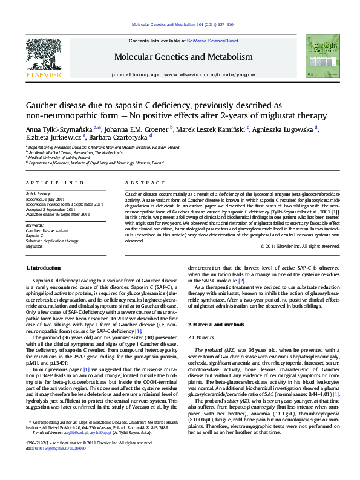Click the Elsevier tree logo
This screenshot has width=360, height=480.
coord(43,56)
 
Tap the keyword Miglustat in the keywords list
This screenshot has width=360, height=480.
coord(34,247)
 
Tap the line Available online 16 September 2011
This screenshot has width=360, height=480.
coord(57,214)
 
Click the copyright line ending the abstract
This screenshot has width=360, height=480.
coord(299,247)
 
